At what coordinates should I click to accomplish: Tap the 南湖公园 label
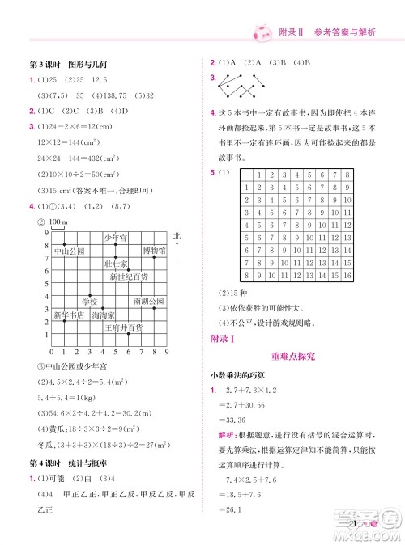[x=148, y=302]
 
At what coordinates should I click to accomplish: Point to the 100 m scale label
[x=58, y=222]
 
